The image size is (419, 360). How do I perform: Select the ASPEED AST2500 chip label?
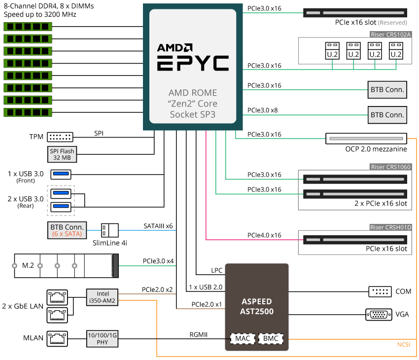coord(257,306)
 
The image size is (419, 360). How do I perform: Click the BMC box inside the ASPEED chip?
coord(270,339)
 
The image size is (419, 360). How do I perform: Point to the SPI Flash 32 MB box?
coord(62,154)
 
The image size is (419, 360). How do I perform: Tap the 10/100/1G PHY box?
coord(102,338)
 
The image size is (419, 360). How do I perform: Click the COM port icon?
coord(380,291)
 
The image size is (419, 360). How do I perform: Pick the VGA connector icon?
coord(379,313)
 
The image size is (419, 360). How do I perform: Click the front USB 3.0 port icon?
coord(61,174)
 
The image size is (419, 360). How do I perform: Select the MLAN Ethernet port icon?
coord(57,338)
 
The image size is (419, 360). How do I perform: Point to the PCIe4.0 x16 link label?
coord(264,235)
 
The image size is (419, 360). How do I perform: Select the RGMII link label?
coord(199,334)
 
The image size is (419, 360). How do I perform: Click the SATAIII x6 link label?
coord(158,225)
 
